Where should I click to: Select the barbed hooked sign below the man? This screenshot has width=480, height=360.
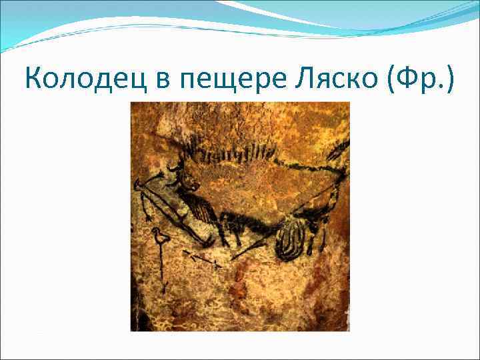pos(201,258)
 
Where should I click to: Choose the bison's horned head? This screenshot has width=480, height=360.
pos(184,177)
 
